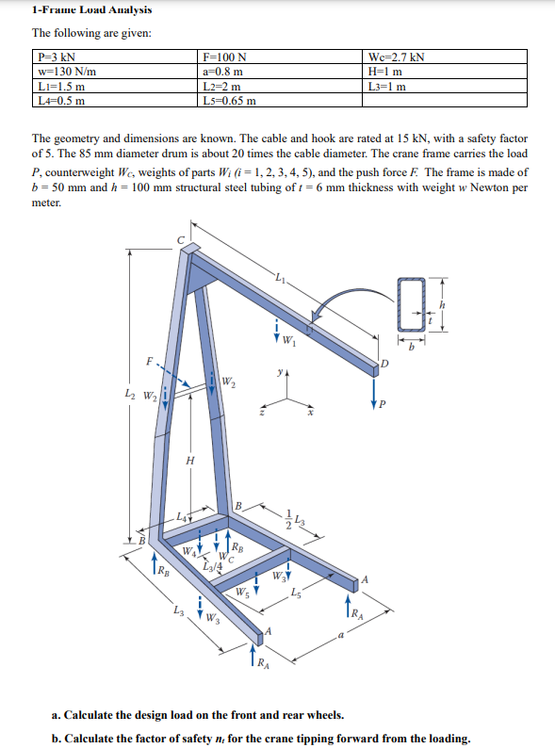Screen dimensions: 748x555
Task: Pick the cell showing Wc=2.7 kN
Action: pos(399,57)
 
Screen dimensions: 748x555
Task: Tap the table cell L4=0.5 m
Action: pos(60,100)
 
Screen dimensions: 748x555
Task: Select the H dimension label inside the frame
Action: pos(191,460)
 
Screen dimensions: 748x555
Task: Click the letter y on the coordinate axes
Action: pos(279,375)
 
